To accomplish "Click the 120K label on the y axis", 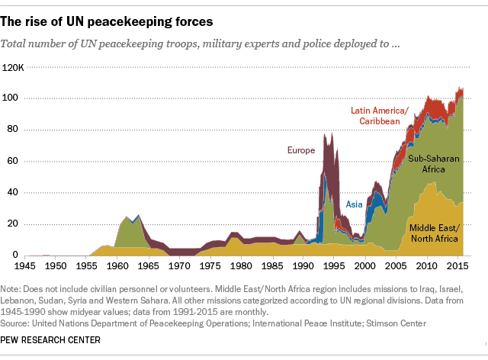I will (x=14, y=67).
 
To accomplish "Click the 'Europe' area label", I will (x=300, y=150).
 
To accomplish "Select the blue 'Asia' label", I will (x=355, y=204).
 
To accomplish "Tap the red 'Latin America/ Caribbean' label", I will (x=380, y=116).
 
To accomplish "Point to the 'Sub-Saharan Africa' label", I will (x=435, y=164).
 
